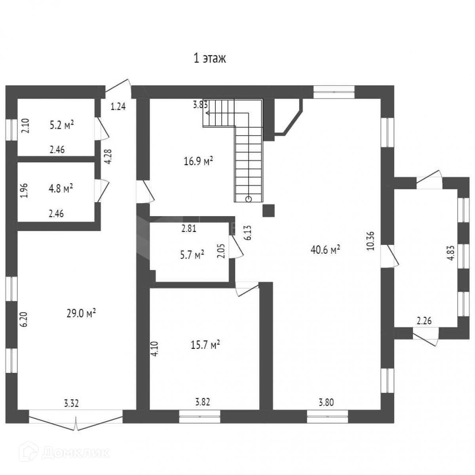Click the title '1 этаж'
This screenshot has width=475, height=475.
(x=209, y=59)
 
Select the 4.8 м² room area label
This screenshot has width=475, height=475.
(x=61, y=188)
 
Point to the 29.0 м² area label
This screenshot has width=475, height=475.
(x=82, y=314)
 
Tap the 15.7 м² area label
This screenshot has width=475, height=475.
(x=205, y=345)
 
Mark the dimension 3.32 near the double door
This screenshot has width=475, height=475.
(x=72, y=404)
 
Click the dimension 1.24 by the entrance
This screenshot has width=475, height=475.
(x=118, y=106)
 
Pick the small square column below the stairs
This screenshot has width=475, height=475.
(x=269, y=211)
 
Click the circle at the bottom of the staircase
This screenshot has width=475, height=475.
(x=249, y=199)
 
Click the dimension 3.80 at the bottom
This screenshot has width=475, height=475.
(x=327, y=403)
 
